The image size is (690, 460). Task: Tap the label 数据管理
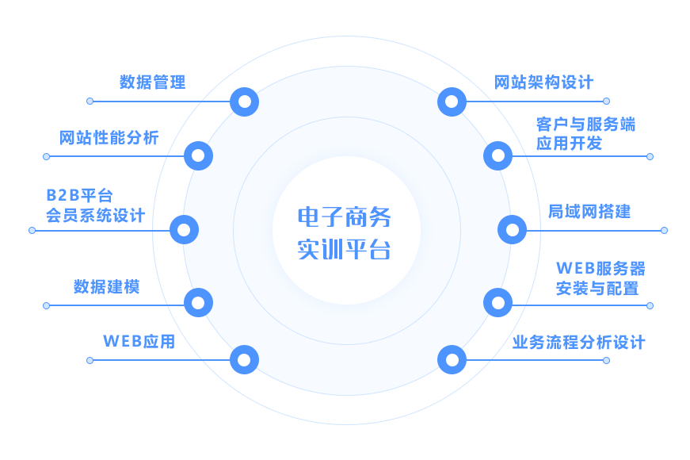pyautogui.click(x=152, y=82)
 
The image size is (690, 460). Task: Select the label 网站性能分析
pyautogui.click(x=109, y=137)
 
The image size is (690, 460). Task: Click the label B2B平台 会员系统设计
pyautogui.click(x=94, y=205)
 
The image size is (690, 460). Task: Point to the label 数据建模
pyautogui.click(x=106, y=286)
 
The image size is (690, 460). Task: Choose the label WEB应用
pyautogui.click(x=139, y=341)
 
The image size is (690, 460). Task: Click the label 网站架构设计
pyautogui.click(x=543, y=82)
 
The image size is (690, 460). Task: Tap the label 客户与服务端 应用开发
pyautogui.click(x=585, y=133)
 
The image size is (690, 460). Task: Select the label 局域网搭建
pyautogui.click(x=589, y=211)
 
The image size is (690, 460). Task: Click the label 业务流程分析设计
pyautogui.click(x=578, y=343)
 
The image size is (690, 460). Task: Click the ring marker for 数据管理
pyautogui.click(x=245, y=102)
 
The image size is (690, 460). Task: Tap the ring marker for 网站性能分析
pyautogui.click(x=198, y=155)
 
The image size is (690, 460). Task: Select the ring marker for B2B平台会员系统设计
pyautogui.click(x=184, y=230)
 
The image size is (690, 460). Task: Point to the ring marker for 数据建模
pyautogui.click(x=198, y=302)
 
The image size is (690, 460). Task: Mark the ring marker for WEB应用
pyautogui.click(x=245, y=360)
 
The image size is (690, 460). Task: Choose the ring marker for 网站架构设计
pyautogui.click(x=452, y=102)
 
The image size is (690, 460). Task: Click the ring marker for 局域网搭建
pyautogui.click(x=512, y=230)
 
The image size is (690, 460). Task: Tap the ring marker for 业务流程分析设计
pyautogui.click(x=452, y=360)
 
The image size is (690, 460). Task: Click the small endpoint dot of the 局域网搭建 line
pyautogui.click(x=664, y=230)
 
